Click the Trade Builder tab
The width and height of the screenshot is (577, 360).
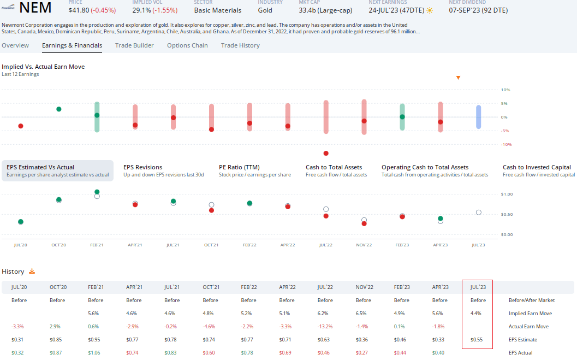pos(134,45)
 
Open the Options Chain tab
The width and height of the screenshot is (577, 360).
pos(187,45)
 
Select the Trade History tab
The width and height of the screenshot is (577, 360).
pos(240,45)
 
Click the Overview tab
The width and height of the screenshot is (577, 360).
pos(15,45)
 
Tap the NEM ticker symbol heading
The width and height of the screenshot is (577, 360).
pos(35,8)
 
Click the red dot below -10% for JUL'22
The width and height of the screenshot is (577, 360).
pos(326,153)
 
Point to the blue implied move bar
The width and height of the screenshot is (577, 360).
pos(478,117)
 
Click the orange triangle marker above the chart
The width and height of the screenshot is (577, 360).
pos(458,78)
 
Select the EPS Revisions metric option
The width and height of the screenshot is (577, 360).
pos(143,167)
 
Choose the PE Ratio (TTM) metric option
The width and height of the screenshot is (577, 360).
pos(239,167)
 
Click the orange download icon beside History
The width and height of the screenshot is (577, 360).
pos(32,271)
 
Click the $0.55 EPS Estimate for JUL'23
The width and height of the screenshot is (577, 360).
pos(478,340)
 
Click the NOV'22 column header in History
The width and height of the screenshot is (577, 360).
pos(364,287)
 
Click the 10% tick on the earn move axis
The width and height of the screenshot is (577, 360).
pos(505,90)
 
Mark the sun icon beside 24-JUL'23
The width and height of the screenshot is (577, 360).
pos(430,10)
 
